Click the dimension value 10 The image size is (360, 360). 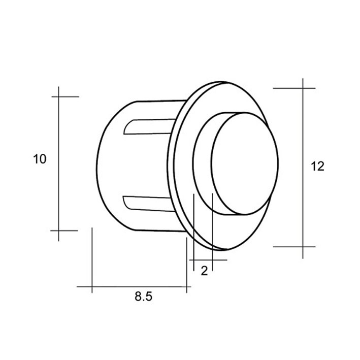(x=40, y=159)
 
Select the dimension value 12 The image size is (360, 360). (x=317, y=166)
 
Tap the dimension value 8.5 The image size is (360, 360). (x=144, y=297)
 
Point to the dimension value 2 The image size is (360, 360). (x=204, y=271)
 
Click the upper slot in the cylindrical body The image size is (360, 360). (x=149, y=126)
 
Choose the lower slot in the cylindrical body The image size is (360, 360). (x=148, y=204)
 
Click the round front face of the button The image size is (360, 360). (x=245, y=163)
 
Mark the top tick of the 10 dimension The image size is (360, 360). (x=66, y=96)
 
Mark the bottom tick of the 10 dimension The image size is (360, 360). (x=64, y=231)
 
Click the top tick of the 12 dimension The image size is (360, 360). (x=294, y=88)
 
